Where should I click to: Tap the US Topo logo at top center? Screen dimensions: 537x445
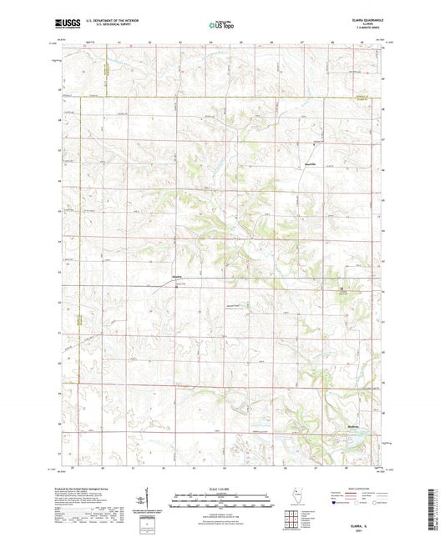pyautogui.click(x=222, y=25)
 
